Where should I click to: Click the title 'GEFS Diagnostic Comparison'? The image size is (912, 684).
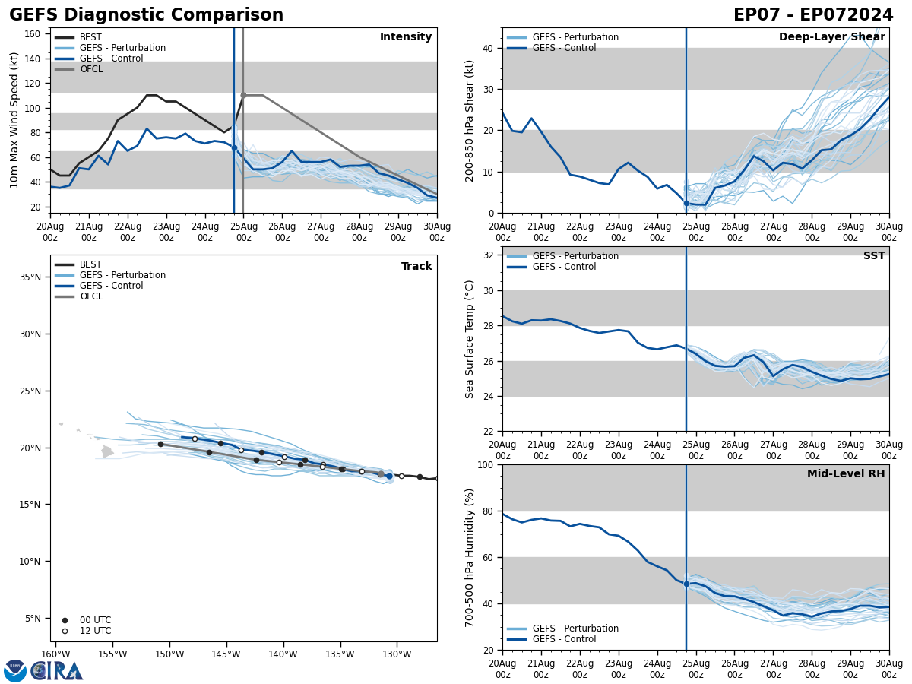(146, 15)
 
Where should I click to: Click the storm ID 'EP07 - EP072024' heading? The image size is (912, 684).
(813, 15)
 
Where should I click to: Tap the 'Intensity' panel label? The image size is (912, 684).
(406, 37)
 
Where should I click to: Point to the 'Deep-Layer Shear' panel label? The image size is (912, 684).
(831, 37)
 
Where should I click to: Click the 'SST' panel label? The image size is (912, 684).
(874, 256)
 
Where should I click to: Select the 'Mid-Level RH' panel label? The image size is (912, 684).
(846, 474)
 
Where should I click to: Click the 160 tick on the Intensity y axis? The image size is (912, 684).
(33, 34)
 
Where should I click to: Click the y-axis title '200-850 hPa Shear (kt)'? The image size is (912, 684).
(470, 120)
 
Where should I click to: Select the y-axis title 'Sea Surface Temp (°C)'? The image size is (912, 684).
(470, 339)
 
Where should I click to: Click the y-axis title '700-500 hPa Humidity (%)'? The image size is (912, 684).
(470, 557)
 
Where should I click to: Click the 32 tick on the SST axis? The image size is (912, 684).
(489, 255)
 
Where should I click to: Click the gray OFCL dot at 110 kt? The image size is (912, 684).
(243, 95)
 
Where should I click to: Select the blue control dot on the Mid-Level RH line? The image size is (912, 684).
(686, 584)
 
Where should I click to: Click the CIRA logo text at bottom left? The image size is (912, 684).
(57, 670)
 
